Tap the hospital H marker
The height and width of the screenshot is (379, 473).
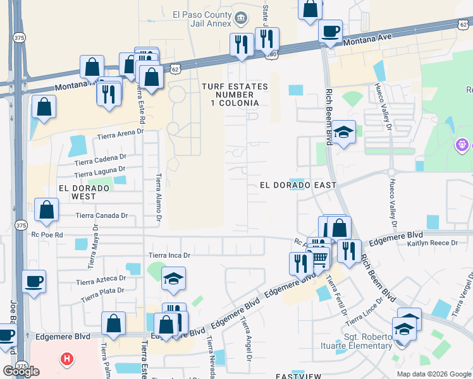pos(66,360)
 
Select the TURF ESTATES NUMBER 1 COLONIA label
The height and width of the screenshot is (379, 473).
pos(230,94)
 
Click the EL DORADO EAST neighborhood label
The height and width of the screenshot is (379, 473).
pos(298,184)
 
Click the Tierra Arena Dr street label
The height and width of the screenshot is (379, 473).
pos(120,134)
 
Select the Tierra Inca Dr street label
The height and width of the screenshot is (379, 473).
pos(169,255)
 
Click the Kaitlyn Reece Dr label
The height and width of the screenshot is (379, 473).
pos(433,243)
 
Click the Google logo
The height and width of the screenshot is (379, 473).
pos(21,371)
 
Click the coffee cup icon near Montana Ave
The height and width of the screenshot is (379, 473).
pos(331,31)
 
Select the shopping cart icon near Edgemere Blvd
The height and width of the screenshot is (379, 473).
pos(320,257)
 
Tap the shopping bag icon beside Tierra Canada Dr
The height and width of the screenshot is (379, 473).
pos(47,210)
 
